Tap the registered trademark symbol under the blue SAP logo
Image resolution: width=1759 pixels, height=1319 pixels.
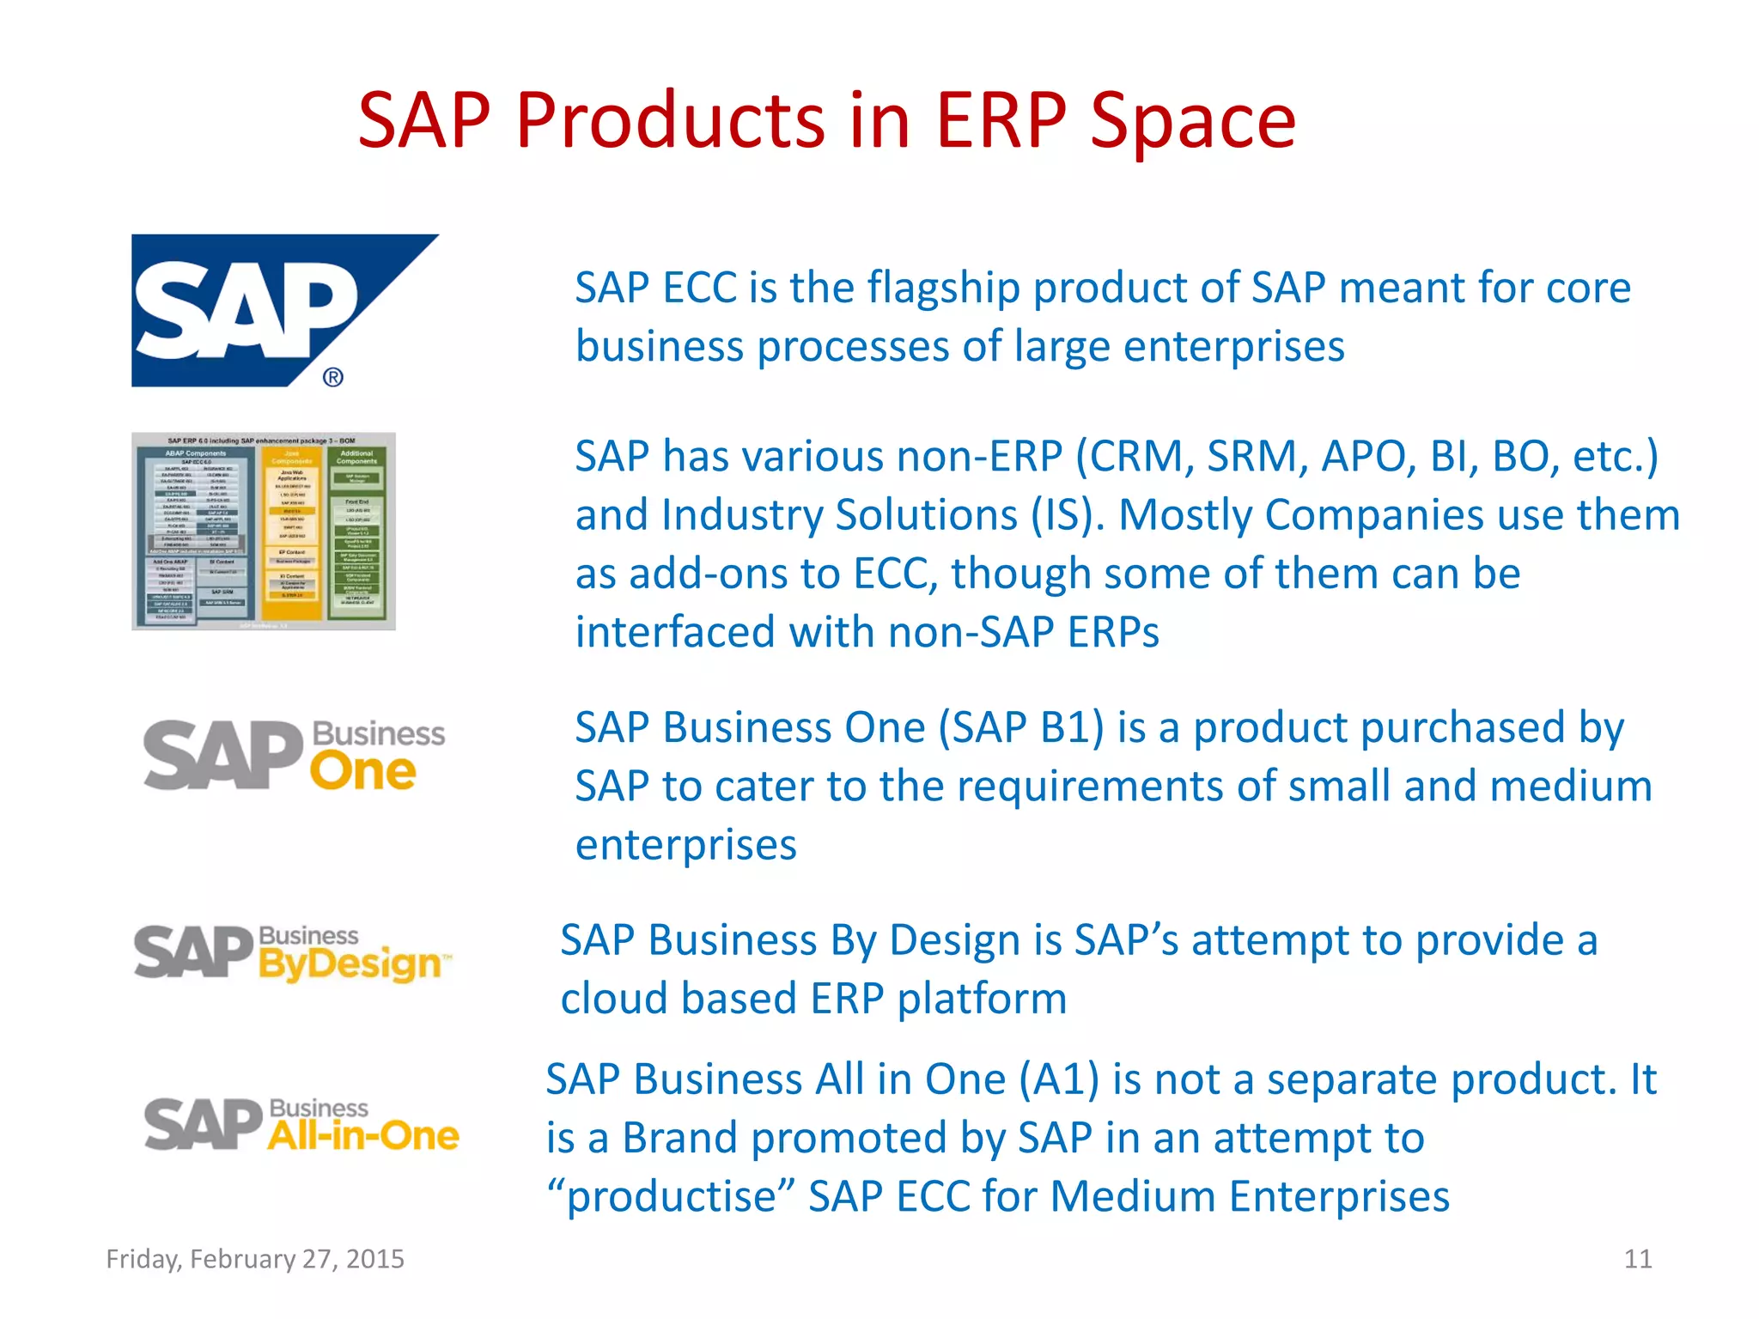click(x=333, y=377)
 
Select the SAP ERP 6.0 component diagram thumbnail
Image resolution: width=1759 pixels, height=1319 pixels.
click(x=263, y=531)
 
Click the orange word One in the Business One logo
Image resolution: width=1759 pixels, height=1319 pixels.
click(x=362, y=772)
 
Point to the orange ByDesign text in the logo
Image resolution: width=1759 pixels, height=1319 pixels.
click(x=350, y=964)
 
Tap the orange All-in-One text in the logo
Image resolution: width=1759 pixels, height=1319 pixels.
click(x=362, y=1136)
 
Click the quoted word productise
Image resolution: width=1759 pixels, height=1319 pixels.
click(x=671, y=1197)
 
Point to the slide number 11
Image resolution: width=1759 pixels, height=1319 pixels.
click(x=1637, y=1259)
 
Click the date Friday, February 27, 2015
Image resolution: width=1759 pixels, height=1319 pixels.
click(x=255, y=1259)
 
